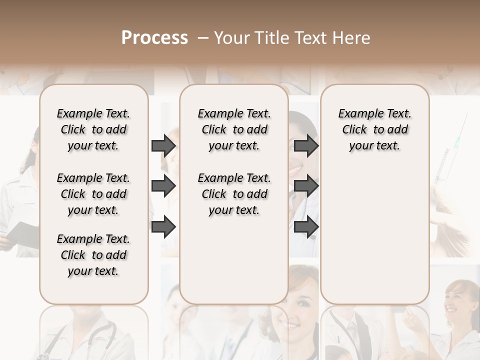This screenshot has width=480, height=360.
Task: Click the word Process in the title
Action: pyautogui.click(x=154, y=38)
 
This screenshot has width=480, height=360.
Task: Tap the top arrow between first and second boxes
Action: pyautogui.click(x=163, y=145)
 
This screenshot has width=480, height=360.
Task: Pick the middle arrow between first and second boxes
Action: pyautogui.click(x=163, y=186)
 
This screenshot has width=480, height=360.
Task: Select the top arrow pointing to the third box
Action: pyautogui.click(x=306, y=145)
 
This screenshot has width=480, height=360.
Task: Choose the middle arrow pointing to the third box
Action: pyautogui.click(x=306, y=186)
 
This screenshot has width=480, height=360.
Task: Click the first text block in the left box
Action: pyautogui.click(x=93, y=129)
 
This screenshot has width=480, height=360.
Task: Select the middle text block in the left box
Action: pyautogui.click(x=93, y=194)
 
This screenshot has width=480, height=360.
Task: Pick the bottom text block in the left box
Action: pyautogui.click(x=93, y=255)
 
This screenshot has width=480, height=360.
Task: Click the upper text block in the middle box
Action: pyautogui.click(x=234, y=129)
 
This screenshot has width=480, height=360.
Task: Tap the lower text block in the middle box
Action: pyautogui.click(x=234, y=194)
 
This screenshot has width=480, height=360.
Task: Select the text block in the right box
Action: pyautogui.click(x=374, y=129)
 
